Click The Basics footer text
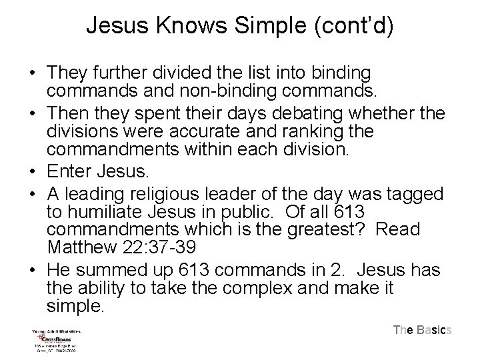423,329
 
